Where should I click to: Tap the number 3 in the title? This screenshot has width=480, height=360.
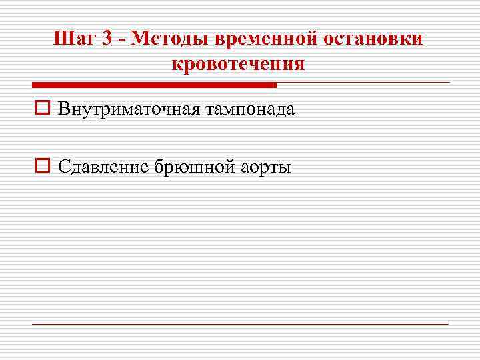(106, 38)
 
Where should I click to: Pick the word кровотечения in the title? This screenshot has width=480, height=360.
(238, 64)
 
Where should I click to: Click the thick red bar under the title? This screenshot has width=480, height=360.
(154, 85)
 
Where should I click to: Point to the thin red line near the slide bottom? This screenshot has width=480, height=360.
(240, 325)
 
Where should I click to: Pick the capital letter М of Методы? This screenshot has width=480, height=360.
(141, 38)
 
